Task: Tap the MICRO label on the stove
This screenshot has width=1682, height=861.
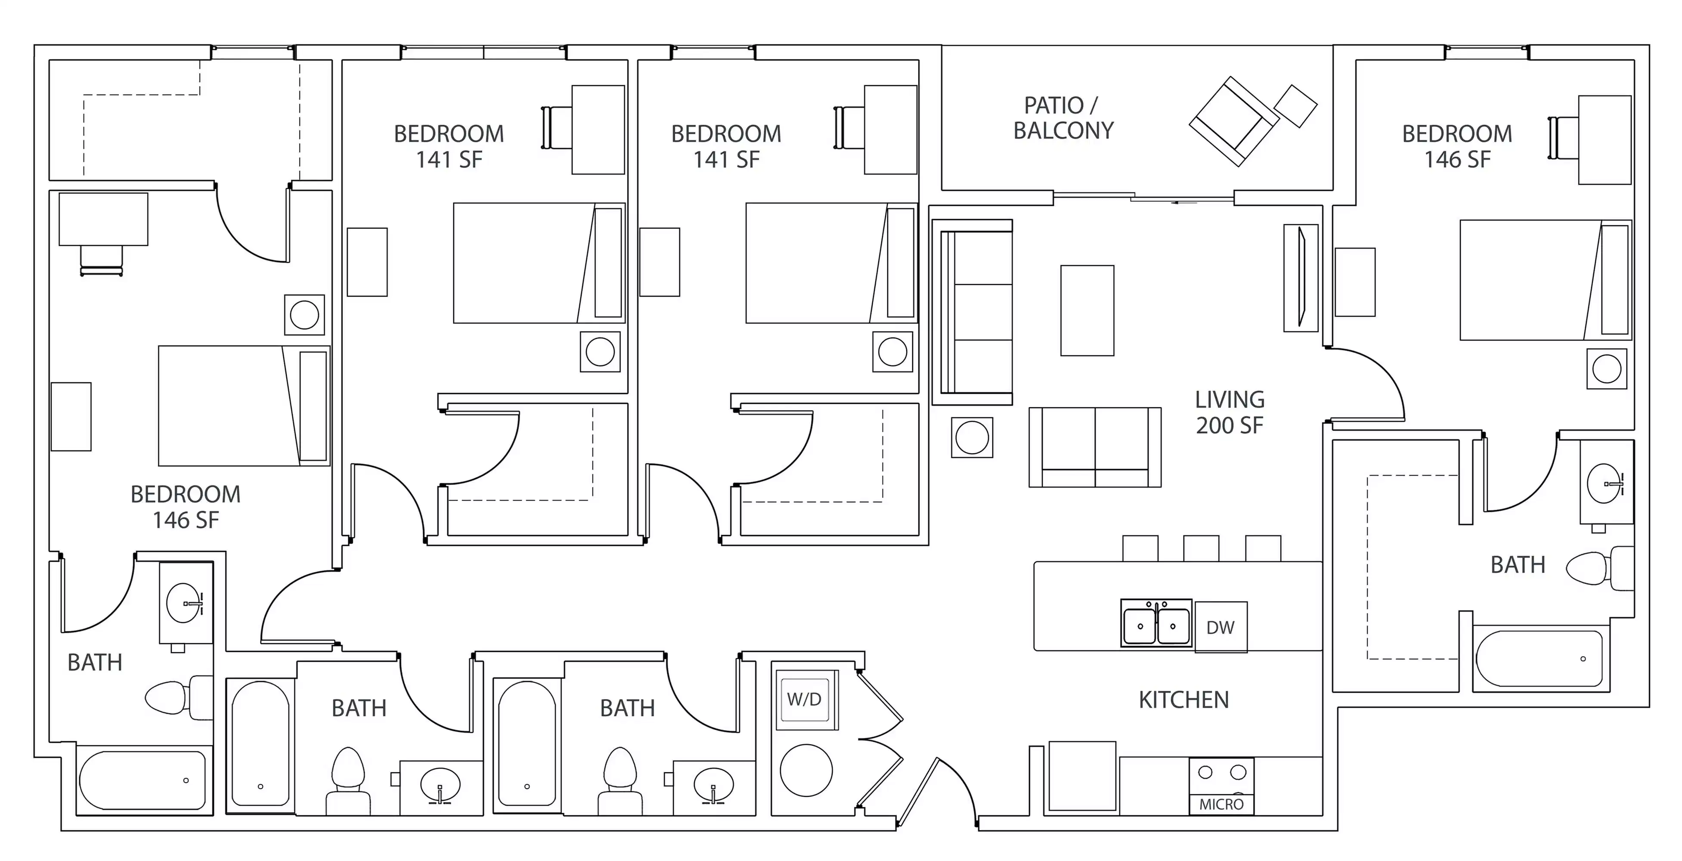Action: pos(1221,804)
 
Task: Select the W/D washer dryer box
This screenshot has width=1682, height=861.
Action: pos(805,699)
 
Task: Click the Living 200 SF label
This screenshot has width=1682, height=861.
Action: pos(1230,412)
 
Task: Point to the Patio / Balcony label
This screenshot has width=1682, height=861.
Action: pos(1063,118)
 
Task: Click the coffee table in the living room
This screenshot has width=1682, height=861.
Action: pos(1087,310)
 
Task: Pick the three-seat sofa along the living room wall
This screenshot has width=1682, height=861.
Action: pos(976,312)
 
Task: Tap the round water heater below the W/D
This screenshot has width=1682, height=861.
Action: pos(806,770)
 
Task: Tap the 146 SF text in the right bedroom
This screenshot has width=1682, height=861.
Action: pos(1457,159)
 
